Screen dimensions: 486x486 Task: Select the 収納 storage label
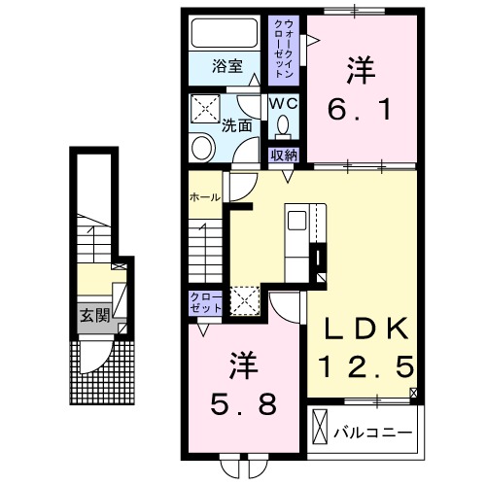click(284, 154)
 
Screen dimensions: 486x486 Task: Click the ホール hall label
click(204, 196)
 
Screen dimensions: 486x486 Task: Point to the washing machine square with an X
click(206, 109)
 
